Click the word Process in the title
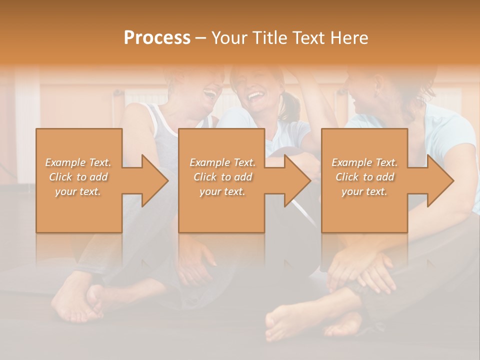pyautogui.click(x=157, y=38)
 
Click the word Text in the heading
pyautogui.click(x=309, y=38)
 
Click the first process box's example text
pyautogui.click(x=78, y=177)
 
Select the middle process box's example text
pyautogui.click(x=222, y=177)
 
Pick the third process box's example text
pyautogui.click(x=364, y=177)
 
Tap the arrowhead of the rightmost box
pyautogui.click(x=439, y=180)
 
